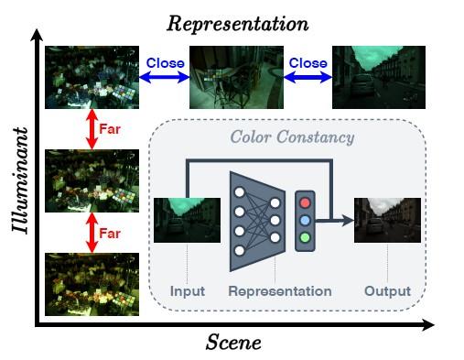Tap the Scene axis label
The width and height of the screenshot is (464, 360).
(x=233, y=343)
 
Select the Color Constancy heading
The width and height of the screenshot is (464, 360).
(x=293, y=137)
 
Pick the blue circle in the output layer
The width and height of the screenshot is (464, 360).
(x=305, y=220)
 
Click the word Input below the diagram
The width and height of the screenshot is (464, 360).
(x=187, y=291)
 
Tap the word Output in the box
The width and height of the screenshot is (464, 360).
(x=387, y=291)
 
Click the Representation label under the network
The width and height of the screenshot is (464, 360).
(x=280, y=291)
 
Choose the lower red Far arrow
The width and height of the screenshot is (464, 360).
(x=91, y=233)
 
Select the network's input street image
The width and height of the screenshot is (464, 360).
(x=186, y=219)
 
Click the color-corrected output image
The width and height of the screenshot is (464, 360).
(x=387, y=219)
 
